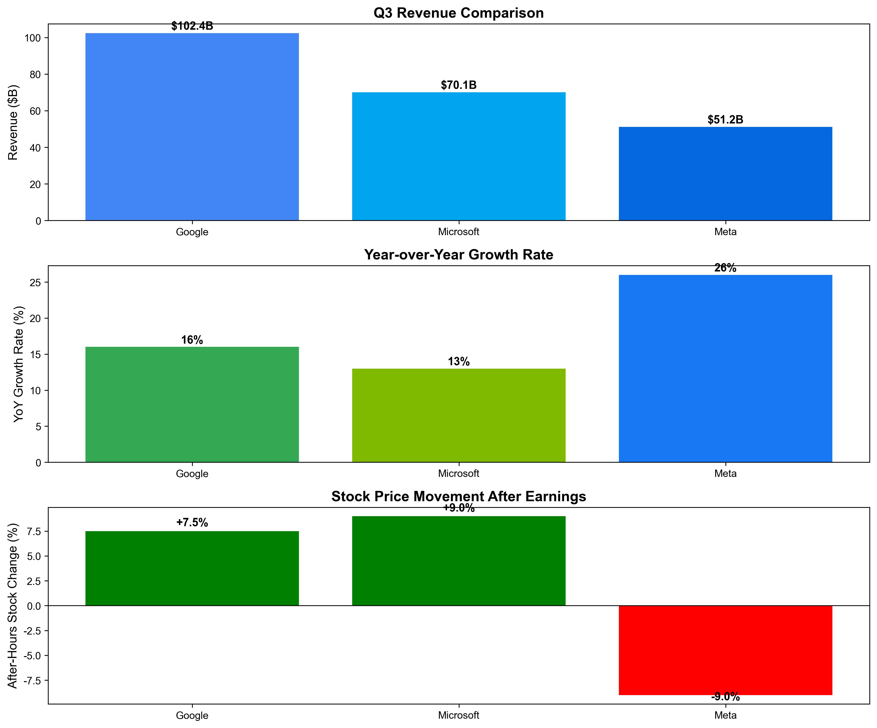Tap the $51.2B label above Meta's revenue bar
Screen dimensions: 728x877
pos(725,120)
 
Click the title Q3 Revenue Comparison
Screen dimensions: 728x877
pos(459,13)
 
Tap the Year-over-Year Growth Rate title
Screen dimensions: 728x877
pos(459,255)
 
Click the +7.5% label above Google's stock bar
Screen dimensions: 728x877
pos(192,523)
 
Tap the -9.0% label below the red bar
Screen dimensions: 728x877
pos(725,697)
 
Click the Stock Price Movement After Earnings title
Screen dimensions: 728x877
pos(459,496)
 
